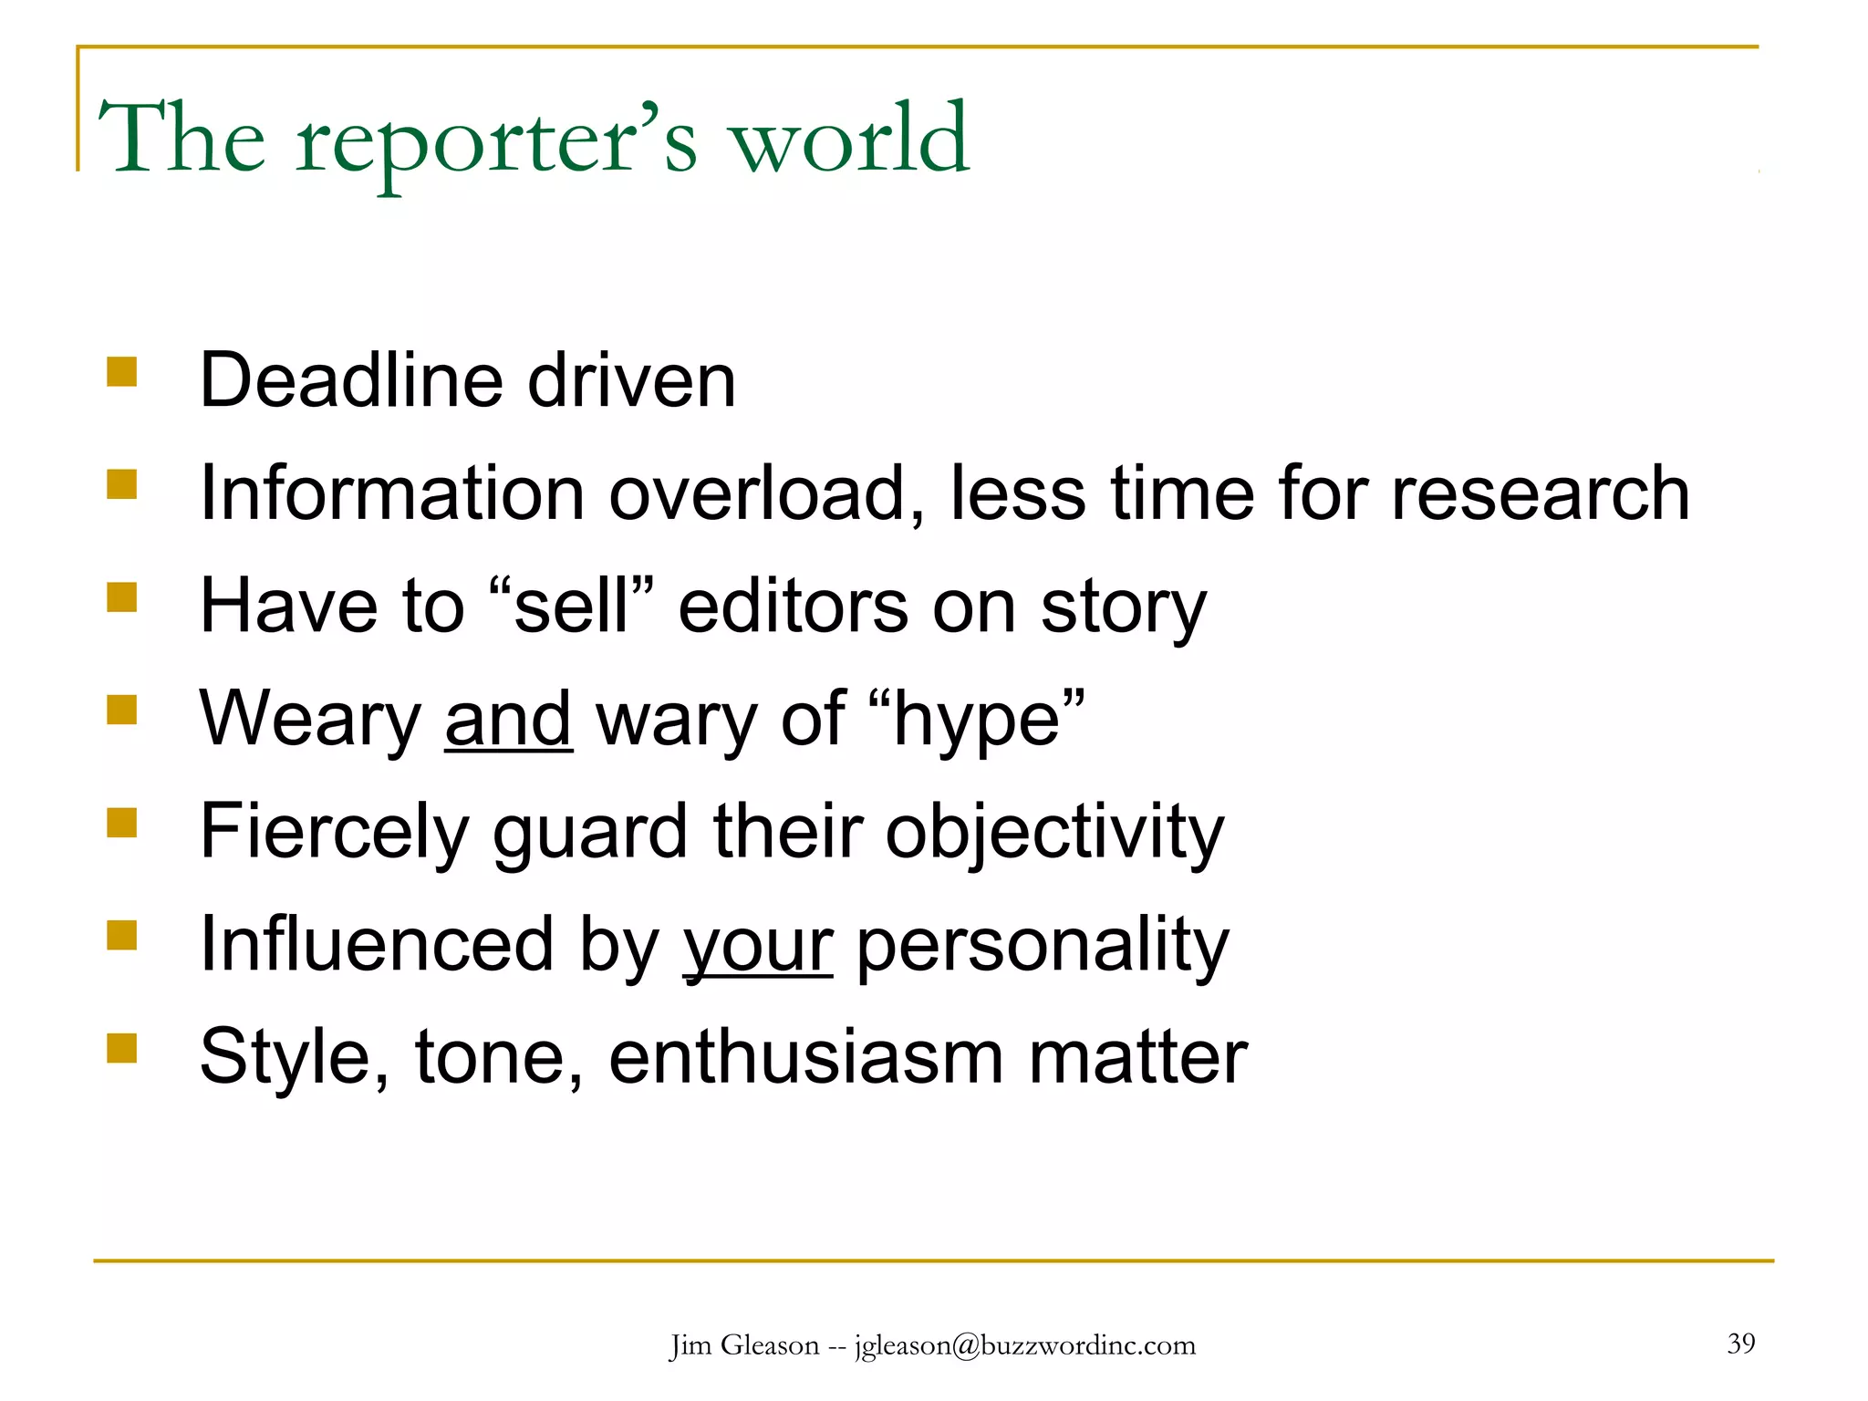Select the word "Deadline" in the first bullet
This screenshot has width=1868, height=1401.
(x=351, y=380)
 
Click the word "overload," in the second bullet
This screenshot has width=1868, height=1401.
(x=767, y=493)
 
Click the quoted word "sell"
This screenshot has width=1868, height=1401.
(x=572, y=607)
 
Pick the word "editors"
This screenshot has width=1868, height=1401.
(x=794, y=607)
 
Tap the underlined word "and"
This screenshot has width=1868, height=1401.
(x=508, y=720)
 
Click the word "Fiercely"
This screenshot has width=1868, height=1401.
(x=334, y=832)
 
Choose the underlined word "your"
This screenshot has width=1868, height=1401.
(x=758, y=947)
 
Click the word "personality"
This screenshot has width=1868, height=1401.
(x=1043, y=947)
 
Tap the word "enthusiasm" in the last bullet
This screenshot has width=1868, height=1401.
(x=806, y=1058)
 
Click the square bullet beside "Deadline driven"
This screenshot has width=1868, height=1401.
(x=121, y=371)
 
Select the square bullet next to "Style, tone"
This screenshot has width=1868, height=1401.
(x=121, y=1048)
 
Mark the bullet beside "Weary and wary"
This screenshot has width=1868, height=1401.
(x=121, y=710)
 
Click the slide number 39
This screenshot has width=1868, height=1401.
(x=1740, y=1343)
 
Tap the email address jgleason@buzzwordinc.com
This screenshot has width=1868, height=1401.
(x=1024, y=1345)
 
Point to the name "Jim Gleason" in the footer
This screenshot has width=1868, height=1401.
(x=744, y=1345)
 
